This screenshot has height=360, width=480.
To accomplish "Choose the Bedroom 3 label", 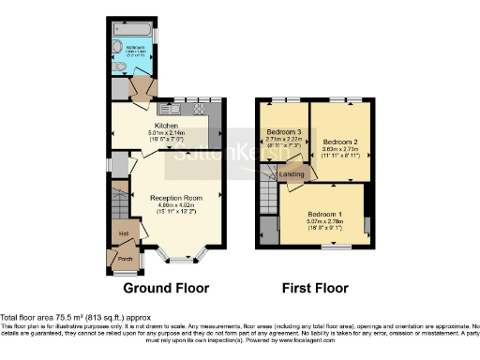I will (282, 132).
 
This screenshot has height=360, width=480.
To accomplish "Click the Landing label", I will (294, 173).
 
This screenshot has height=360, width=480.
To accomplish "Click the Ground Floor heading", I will (166, 288).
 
